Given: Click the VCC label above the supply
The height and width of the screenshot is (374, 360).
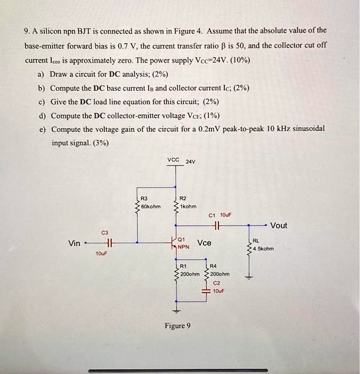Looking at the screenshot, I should [174, 159].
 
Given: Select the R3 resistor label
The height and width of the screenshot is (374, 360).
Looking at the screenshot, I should [143, 198].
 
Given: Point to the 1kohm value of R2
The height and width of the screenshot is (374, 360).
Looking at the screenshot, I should [189, 206].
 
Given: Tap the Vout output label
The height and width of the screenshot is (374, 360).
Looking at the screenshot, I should [279, 225].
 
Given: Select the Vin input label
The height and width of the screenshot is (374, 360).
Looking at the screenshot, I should [75, 244].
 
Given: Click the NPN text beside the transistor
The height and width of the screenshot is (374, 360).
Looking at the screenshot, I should [184, 247].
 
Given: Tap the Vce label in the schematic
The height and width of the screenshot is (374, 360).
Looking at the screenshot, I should [205, 243].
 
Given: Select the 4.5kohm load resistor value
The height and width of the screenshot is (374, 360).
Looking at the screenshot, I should [263, 248].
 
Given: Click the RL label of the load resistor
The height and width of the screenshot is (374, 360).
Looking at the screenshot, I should [256, 241].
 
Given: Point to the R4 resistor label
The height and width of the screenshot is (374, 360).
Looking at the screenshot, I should [214, 266].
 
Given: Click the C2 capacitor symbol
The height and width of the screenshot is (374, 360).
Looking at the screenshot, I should [205, 292].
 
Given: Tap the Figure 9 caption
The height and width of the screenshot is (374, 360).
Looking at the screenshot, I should [177, 326].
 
